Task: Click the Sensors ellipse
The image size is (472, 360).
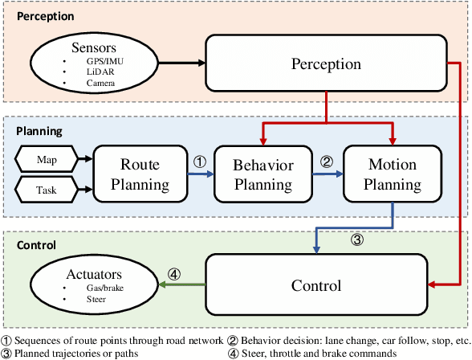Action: pos(88,63)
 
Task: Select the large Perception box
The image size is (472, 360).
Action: pos(324,63)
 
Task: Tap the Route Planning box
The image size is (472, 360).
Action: pos(140,174)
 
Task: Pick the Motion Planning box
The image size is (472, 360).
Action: pos(392,174)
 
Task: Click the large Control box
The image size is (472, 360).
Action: pos(315,286)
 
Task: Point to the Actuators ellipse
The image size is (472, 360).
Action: pos(88,287)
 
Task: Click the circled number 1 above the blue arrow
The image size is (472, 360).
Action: pos(200,160)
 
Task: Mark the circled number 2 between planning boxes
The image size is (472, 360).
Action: pos(326,160)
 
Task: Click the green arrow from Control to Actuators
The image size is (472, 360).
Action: pos(177,287)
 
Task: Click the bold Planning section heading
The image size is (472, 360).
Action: pos(39,129)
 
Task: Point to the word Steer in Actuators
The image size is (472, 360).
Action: pos(96,299)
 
